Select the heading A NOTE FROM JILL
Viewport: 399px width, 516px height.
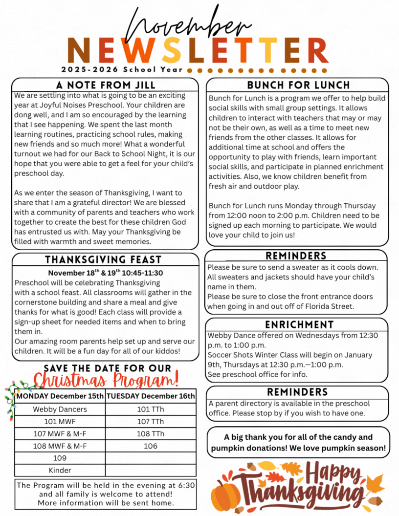pos(105,85)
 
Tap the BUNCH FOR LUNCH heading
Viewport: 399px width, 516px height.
pos(298,85)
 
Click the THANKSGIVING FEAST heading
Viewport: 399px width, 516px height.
pos(103,259)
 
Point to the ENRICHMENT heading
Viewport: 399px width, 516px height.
pos(299,324)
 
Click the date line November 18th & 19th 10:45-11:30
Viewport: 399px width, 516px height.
pos(105,273)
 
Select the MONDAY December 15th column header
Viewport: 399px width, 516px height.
pos(60,396)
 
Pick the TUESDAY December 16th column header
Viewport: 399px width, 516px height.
pos(151,396)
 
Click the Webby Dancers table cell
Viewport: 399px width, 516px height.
pos(60,409)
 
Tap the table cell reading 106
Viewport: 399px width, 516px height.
pos(151,446)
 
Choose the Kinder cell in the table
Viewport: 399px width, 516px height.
pos(60,470)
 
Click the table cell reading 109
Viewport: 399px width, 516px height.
pos(60,458)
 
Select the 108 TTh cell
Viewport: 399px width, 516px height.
pos(151,433)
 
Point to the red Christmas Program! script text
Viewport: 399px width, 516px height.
pos(107,379)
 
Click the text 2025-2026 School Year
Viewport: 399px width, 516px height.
pos(123,69)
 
